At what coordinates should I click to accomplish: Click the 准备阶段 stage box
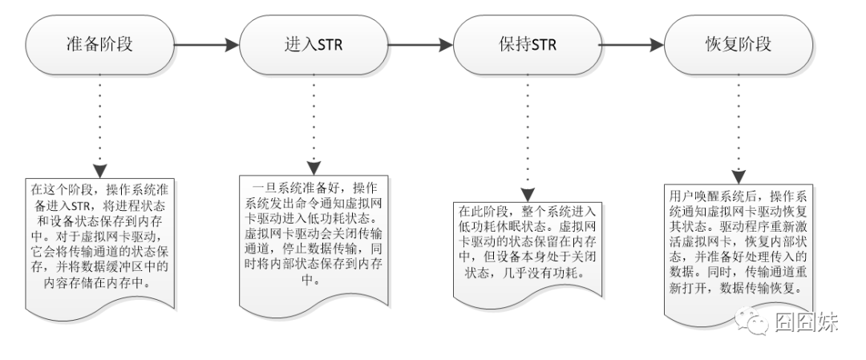99,45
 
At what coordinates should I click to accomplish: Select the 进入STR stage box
314,45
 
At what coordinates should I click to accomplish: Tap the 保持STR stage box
527,45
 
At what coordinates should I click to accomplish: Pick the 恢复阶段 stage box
740,45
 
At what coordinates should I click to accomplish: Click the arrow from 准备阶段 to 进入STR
206,45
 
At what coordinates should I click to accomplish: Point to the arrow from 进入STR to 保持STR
420,45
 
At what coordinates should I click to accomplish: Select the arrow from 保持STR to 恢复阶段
633,45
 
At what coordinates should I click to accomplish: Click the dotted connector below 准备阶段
99,120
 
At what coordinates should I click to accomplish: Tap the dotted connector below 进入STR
314,120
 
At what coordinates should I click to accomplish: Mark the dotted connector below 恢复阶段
740,120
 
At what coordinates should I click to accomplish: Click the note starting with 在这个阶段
99,241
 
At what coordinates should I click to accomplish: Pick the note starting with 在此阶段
527,249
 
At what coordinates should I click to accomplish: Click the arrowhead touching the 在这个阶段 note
99,172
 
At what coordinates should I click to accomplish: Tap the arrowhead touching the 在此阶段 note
527,195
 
